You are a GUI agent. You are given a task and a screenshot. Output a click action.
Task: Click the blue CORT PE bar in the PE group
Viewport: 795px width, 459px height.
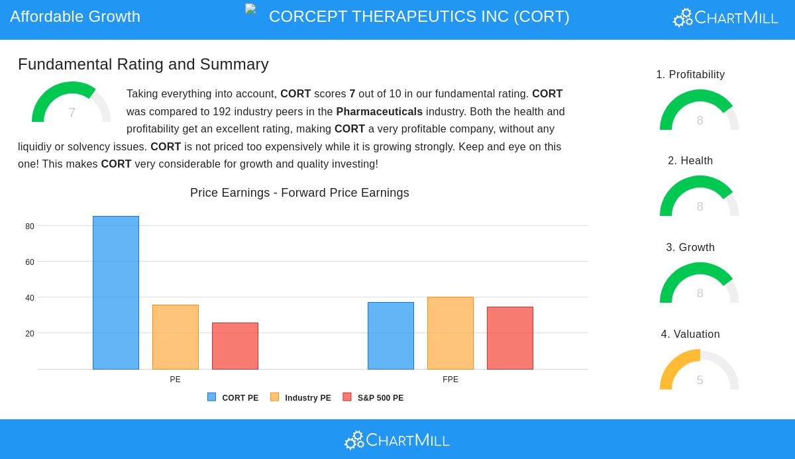(x=116, y=293)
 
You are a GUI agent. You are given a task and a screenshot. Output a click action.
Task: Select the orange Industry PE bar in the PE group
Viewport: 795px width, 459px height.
(x=176, y=337)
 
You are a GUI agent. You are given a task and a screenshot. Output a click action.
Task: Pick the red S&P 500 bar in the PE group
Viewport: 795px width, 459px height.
(x=235, y=346)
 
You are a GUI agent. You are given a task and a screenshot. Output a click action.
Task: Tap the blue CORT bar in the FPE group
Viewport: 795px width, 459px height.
(x=391, y=336)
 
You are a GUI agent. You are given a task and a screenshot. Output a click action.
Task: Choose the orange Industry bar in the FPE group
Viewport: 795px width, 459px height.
(x=450, y=333)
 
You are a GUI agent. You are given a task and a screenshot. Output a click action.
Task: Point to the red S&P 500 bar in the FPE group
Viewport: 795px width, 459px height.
(x=510, y=338)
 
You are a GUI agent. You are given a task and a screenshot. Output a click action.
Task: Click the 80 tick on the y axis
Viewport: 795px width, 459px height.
(x=30, y=227)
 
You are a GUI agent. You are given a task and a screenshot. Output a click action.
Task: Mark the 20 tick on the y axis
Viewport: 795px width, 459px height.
(x=30, y=334)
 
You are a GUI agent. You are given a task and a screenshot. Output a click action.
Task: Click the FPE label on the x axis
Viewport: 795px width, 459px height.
(x=450, y=380)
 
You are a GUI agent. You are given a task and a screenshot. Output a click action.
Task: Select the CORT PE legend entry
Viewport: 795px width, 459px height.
(x=233, y=398)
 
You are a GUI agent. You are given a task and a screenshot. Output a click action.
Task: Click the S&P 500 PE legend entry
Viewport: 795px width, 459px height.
(x=374, y=398)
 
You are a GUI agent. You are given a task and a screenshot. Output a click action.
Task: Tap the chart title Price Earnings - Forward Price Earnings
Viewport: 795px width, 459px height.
(x=299, y=193)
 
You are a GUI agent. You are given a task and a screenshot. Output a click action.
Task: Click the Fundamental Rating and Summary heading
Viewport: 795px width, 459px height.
(x=143, y=64)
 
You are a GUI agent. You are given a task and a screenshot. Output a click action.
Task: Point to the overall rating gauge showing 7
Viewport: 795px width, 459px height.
(x=72, y=105)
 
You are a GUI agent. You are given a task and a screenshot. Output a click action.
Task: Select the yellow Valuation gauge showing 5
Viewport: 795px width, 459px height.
(x=700, y=372)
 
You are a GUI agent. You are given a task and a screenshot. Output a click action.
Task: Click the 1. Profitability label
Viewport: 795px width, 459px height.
(x=690, y=75)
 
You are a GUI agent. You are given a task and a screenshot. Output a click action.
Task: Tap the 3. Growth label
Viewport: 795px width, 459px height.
(x=690, y=248)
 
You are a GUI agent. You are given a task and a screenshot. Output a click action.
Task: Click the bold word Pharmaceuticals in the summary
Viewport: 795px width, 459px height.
(x=379, y=112)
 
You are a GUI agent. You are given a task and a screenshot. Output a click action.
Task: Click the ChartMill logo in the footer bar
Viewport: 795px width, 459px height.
(x=397, y=440)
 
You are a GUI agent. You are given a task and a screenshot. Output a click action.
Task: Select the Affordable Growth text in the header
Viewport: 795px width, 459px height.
(x=76, y=17)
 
